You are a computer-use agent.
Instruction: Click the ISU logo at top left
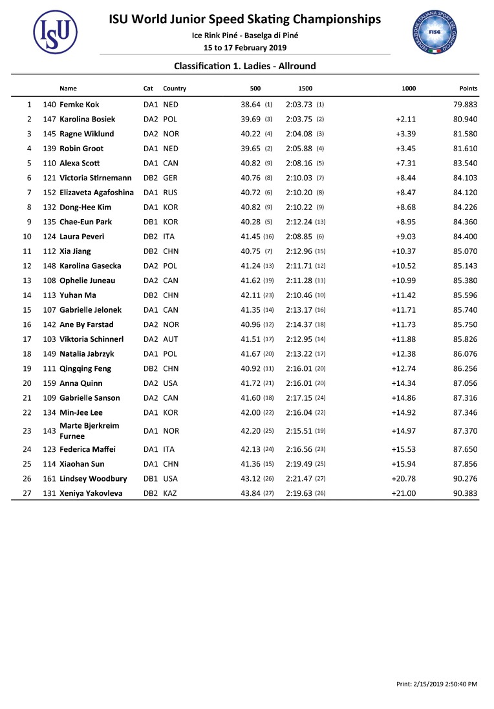pos(55,32)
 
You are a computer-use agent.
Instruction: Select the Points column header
pos(467,89)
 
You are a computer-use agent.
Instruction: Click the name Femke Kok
pos(79,105)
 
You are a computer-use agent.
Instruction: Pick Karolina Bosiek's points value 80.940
pos(465,120)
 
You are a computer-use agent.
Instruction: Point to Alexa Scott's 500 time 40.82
pos(250,164)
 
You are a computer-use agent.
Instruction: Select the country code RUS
pos(171,193)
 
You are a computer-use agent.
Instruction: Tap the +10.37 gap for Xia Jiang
pos(403,251)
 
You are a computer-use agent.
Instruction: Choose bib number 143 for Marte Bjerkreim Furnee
pos(49,431)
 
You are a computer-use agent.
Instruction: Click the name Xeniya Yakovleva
pos(91,493)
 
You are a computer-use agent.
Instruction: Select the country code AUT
pos(171,339)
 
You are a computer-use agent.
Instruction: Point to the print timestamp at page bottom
pos(436,683)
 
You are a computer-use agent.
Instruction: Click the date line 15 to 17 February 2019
pos(245,48)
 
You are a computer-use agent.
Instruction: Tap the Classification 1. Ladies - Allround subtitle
pos(245,66)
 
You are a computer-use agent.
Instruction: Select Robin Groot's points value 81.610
pos(465,149)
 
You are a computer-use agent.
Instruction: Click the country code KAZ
pos(171,493)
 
